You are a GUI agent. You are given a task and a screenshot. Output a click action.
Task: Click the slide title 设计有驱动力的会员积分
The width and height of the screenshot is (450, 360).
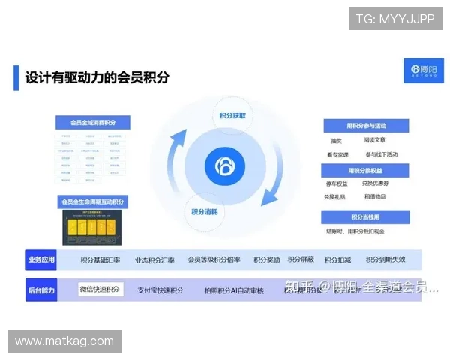pyautogui.click(x=97, y=77)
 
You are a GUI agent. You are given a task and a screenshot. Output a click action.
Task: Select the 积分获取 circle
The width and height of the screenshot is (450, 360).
pyautogui.click(x=232, y=116)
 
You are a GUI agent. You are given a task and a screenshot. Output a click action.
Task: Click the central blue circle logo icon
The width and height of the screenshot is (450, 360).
pyautogui.click(x=224, y=164)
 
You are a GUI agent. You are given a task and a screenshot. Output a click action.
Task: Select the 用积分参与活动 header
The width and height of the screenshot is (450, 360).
pyautogui.click(x=366, y=125)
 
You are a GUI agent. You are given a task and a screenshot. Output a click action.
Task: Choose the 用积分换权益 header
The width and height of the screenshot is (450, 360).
pyautogui.click(x=366, y=170)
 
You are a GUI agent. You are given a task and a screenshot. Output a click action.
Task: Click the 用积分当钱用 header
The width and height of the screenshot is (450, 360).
pyautogui.click(x=366, y=217)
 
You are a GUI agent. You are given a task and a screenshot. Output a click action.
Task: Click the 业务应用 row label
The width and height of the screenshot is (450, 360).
pyautogui.click(x=41, y=259)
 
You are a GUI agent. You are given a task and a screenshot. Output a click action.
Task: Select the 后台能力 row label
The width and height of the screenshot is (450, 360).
pyautogui.click(x=41, y=289)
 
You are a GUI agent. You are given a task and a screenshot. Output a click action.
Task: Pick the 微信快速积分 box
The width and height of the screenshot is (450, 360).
pyautogui.click(x=100, y=289)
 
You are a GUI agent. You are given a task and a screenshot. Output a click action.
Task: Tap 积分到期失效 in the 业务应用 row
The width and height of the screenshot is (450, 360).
pyautogui.click(x=385, y=259)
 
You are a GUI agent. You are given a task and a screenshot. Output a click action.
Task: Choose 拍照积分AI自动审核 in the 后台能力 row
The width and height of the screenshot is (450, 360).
pyautogui.click(x=234, y=289)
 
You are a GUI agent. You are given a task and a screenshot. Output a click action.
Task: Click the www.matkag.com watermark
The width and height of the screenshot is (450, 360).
pyautogui.click(x=64, y=341)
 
